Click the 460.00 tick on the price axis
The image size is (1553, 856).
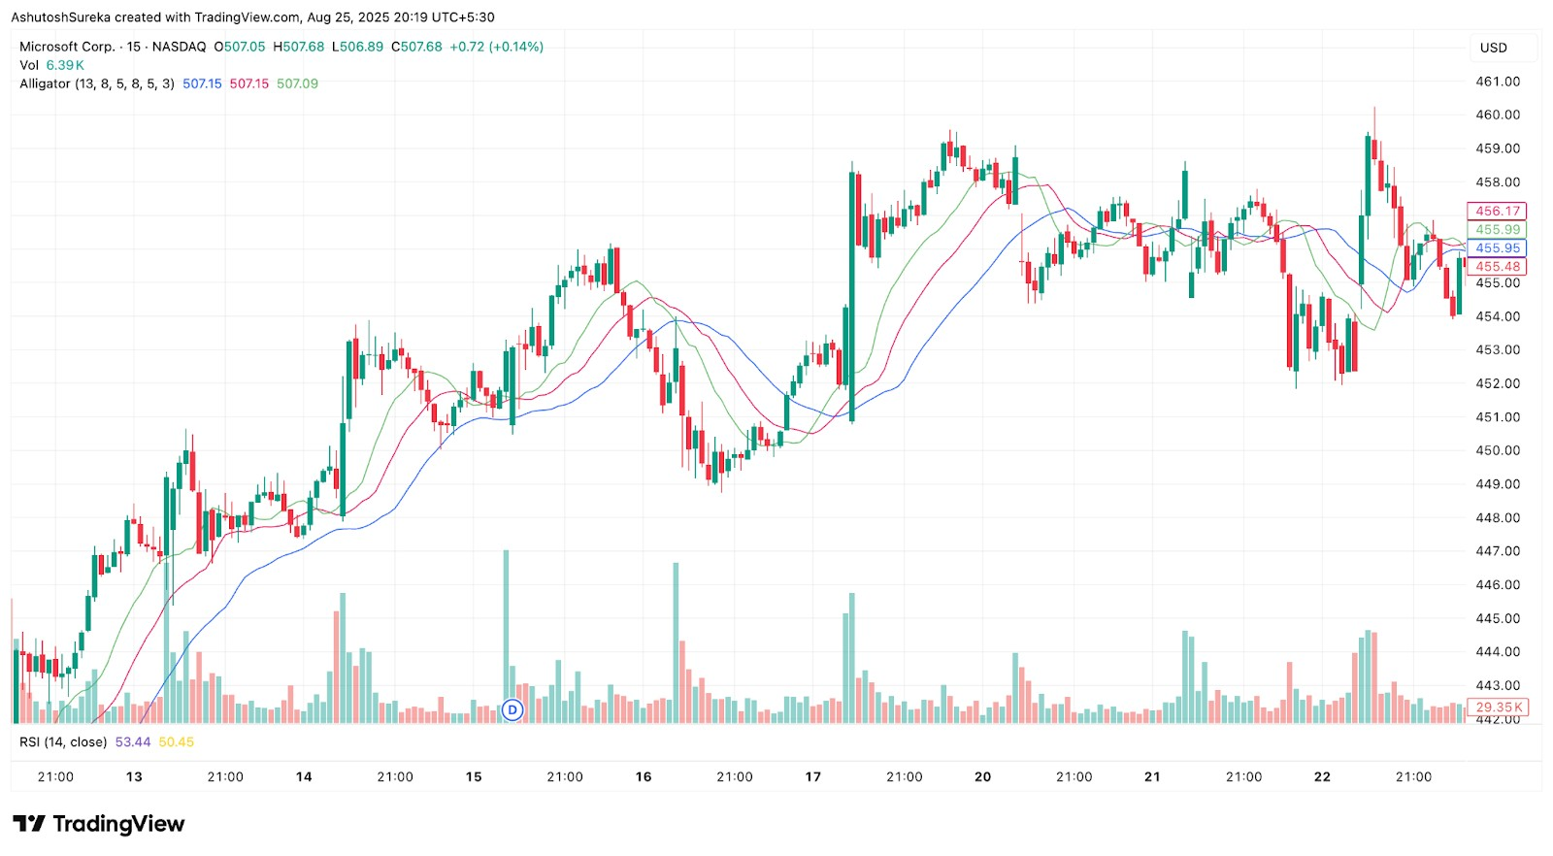[1498, 115]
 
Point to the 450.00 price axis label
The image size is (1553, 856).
[1498, 450]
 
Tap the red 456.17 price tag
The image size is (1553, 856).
[1497, 211]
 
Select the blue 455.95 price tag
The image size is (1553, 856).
[1497, 248]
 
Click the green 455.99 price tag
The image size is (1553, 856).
[1497, 230]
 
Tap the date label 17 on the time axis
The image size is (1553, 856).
[812, 776]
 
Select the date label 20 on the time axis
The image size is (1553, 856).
[982, 776]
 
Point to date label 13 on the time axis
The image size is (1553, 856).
[134, 776]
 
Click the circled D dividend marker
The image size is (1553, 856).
[512, 710]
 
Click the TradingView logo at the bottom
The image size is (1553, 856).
[98, 824]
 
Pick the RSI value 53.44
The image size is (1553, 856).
[133, 742]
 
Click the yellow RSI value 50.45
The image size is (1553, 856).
[176, 742]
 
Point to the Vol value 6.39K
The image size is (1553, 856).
[65, 65]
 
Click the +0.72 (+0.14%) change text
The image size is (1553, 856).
[496, 47]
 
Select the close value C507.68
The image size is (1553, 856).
[416, 47]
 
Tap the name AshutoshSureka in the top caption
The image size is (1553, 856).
[60, 17]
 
